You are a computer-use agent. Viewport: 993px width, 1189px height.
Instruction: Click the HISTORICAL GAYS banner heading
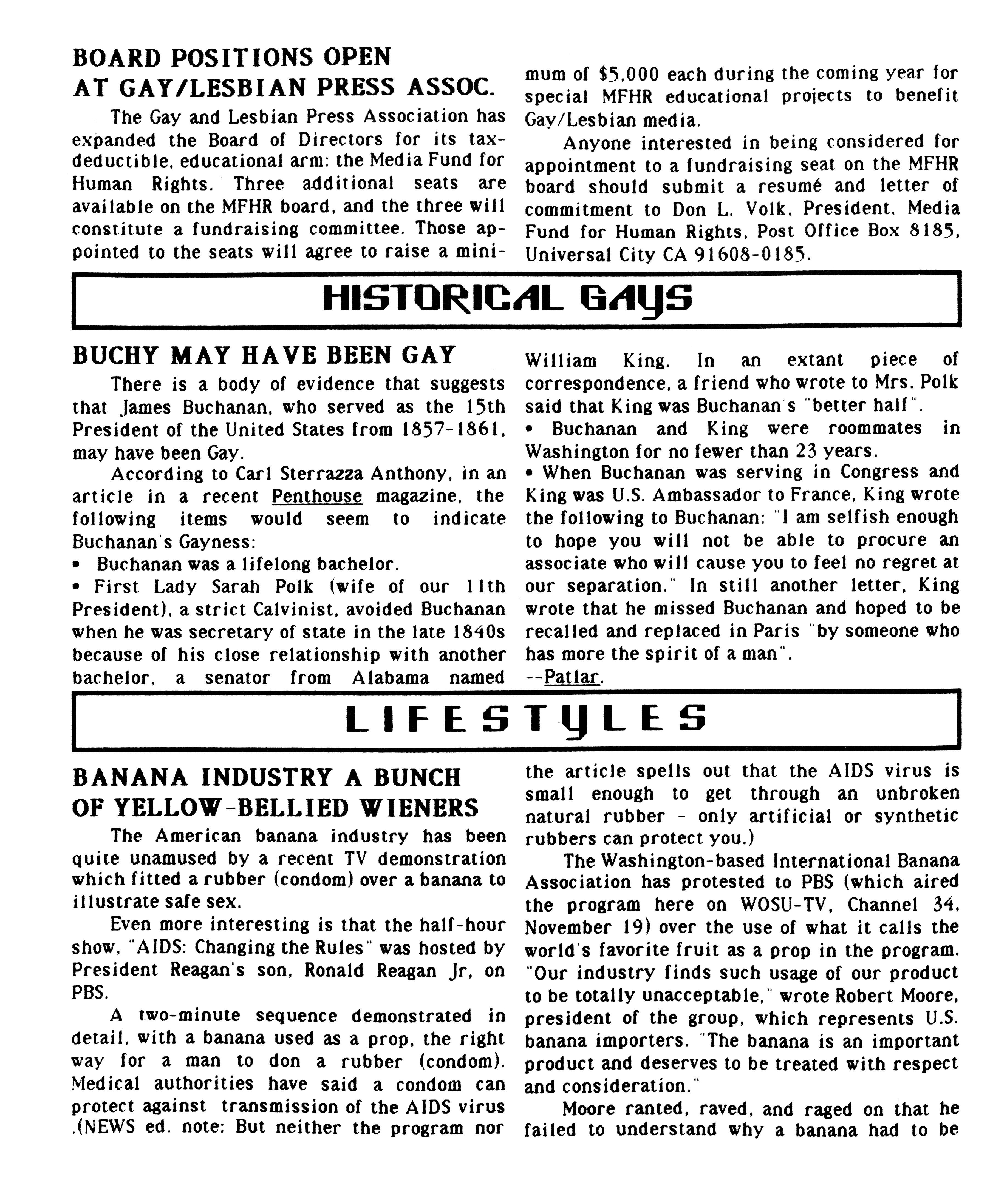tap(507, 299)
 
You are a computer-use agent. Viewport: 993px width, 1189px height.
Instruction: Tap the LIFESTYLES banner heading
tap(526, 718)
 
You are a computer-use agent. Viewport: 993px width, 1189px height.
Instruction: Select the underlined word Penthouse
tap(317, 496)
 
